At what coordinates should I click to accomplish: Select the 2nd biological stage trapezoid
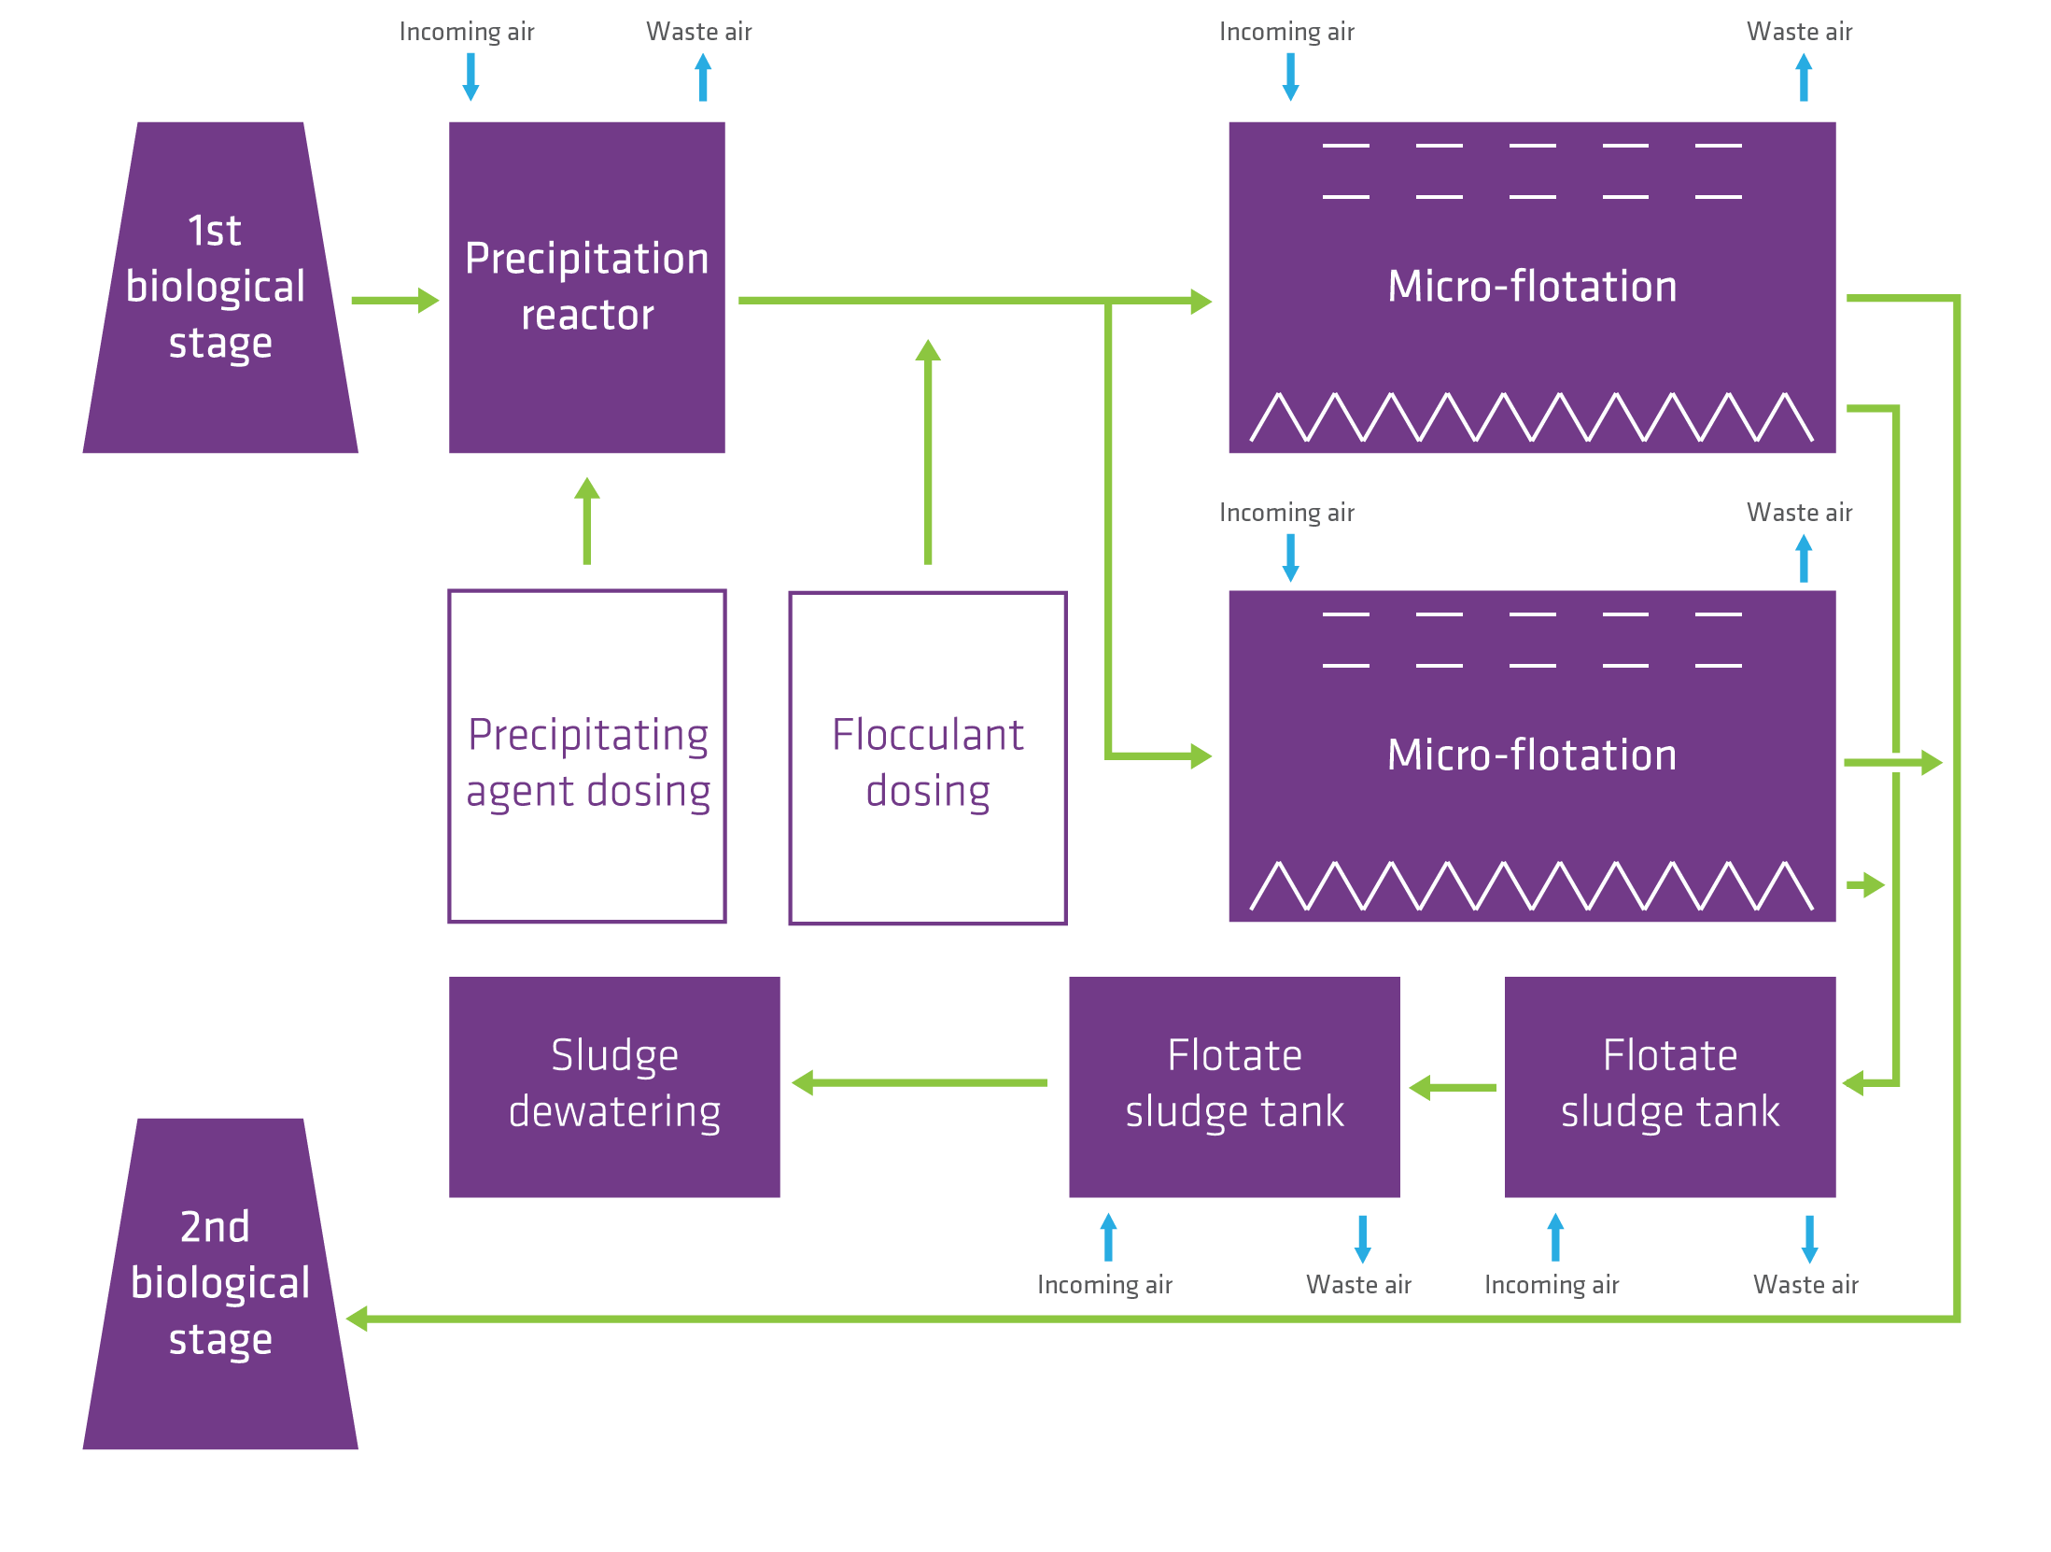point(220,1284)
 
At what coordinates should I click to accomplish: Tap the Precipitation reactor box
point(586,288)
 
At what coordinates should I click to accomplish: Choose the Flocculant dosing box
point(927,758)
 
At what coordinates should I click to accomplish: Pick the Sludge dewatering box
point(613,1087)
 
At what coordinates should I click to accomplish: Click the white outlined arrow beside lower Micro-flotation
point(1895,763)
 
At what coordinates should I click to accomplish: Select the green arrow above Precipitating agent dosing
point(586,521)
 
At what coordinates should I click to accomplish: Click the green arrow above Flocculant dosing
point(927,452)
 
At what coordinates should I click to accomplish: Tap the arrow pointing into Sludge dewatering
point(919,1082)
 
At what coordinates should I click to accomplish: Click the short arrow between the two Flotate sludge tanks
point(1453,1087)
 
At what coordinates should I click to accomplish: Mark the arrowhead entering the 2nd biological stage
point(358,1319)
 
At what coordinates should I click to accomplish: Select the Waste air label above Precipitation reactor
point(698,32)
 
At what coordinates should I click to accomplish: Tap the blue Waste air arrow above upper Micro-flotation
point(1804,78)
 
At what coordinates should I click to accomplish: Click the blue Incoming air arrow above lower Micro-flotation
point(1290,558)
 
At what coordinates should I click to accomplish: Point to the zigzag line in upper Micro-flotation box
point(1531,417)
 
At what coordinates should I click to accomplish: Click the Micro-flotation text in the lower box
point(1531,755)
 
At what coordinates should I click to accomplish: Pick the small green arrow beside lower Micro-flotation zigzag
point(1866,884)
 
